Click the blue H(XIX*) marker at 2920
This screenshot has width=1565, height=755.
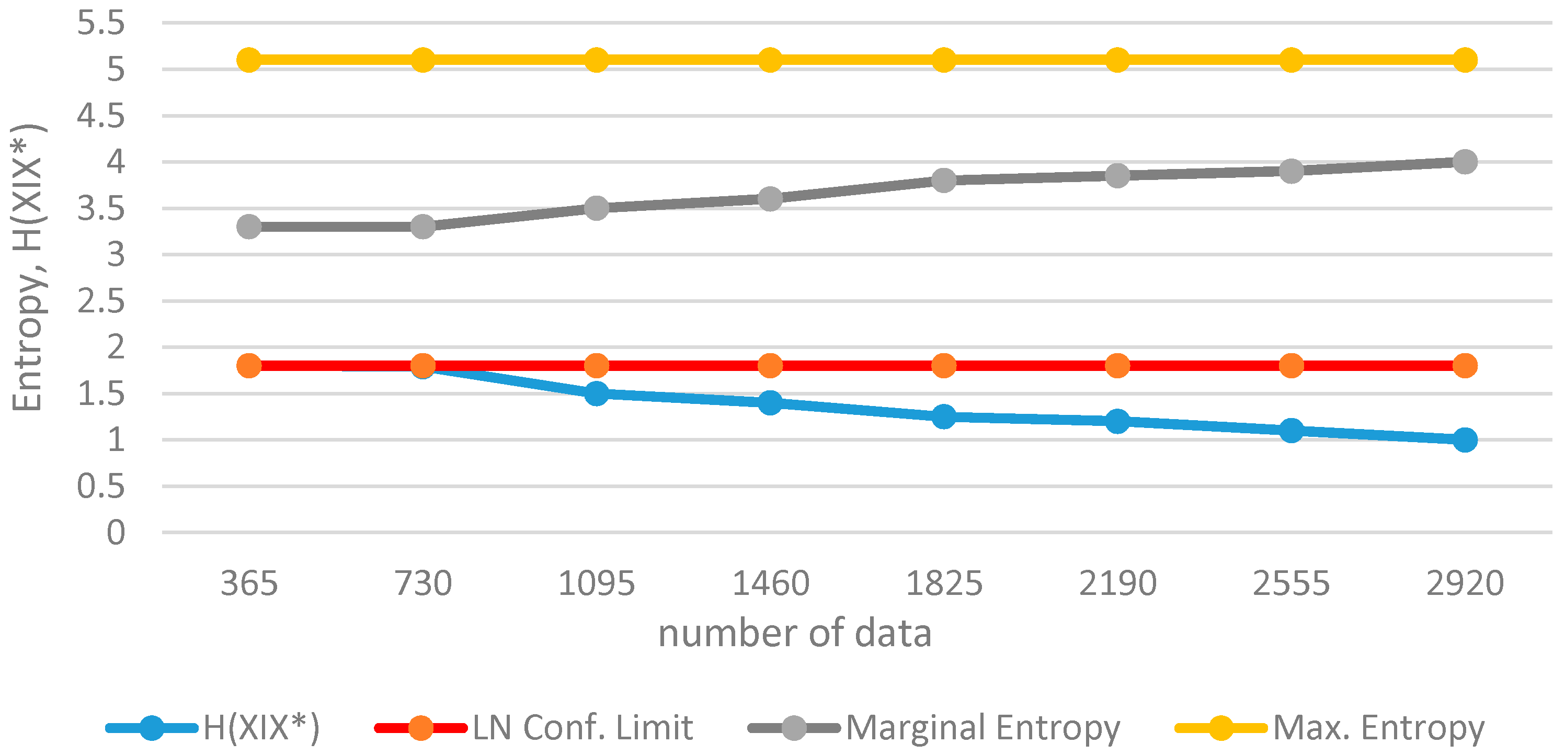(1464, 440)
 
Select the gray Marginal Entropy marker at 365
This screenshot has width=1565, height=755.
(249, 227)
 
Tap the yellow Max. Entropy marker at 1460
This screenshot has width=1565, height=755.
(770, 60)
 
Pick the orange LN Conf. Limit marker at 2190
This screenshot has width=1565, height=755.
(1117, 365)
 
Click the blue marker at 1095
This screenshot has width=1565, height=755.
(597, 393)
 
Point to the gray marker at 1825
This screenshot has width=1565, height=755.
(943, 180)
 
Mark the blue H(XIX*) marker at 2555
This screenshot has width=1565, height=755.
(1291, 431)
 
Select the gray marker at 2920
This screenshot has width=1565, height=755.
(1464, 162)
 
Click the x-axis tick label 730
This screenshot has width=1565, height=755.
(423, 583)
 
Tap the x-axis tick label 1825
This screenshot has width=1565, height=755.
(943, 583)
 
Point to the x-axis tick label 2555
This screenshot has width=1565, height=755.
(1291, 583)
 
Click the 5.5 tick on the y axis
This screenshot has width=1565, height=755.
(101, 23)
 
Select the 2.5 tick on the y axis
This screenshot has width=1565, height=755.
(101, 301)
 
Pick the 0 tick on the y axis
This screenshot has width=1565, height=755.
(116, 533)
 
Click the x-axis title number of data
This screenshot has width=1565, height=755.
(795, 634)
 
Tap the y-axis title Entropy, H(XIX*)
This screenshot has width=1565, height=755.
(28, 267)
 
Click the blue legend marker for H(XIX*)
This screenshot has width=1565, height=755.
(151, 728)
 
